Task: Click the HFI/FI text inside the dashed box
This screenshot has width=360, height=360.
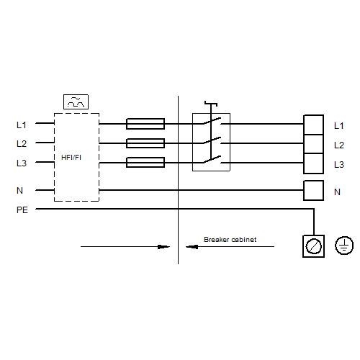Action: click(71, 158)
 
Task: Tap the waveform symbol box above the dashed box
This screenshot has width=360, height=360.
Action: click(76, 102)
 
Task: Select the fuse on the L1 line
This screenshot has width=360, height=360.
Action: click(145, 124)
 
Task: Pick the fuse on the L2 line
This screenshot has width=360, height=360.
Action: click(145, 143)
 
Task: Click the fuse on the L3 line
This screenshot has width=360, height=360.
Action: click(145, 163)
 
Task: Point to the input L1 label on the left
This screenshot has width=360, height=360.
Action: click(22, 125)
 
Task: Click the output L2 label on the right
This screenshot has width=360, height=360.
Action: click(339, 145)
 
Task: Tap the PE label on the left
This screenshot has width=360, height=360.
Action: click(22, 210)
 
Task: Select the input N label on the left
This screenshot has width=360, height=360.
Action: click(19, 191)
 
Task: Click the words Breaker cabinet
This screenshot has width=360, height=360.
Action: click(230, 239)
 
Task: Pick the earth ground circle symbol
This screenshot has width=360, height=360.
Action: click(344, 246)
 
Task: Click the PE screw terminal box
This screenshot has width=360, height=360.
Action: click(314, 246)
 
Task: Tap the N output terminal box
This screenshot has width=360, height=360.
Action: click(313, 190)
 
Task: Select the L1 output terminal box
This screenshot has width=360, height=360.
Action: click(313, 125)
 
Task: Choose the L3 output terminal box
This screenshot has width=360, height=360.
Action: click(313, 163)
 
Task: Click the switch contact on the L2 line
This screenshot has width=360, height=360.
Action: click(212, 140)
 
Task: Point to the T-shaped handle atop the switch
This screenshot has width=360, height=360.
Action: click(211, 104)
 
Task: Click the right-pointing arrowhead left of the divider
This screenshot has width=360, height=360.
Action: click(163, 247)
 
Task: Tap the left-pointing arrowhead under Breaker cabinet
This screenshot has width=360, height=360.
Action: click(192, 247)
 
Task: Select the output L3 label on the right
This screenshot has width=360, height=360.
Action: click(339, 164)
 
